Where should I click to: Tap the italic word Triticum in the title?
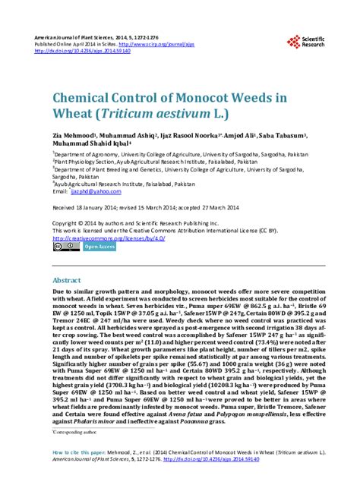tap(125, 115)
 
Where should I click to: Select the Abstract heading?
tap(66, 280)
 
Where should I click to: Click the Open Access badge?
tap(99, 246)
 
